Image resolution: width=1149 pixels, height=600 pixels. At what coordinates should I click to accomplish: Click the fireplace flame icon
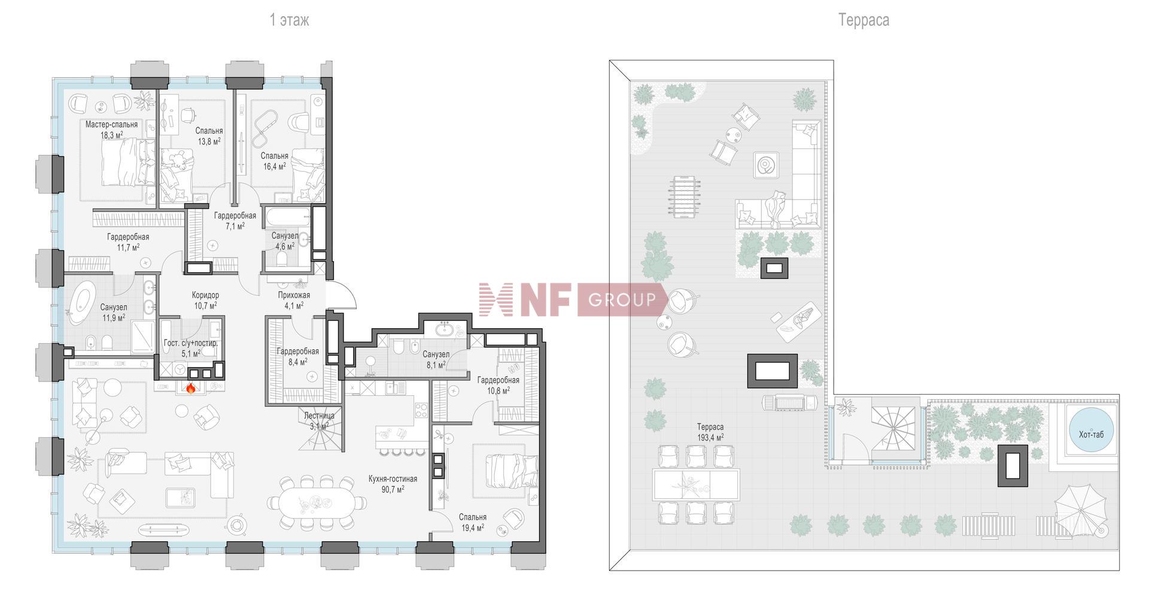coord(191,389)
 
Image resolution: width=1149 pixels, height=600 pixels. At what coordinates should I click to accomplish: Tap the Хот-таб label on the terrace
coord(1091,435)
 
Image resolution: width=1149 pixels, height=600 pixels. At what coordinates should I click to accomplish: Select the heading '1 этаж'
coord(289,20)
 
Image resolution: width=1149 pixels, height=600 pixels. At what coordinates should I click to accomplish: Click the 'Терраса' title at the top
coord(864,20)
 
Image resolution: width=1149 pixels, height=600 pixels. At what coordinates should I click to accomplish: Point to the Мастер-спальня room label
coord(111,125)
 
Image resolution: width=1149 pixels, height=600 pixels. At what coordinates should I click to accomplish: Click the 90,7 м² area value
coord(393,489)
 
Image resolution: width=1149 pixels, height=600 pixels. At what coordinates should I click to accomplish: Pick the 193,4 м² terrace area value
coord(710,438)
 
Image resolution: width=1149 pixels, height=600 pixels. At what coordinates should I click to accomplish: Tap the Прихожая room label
coord(294,295)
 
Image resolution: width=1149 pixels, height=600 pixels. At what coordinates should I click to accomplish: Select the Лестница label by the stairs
coord(319,416)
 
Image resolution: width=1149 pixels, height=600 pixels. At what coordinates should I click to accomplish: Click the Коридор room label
coord(205,295)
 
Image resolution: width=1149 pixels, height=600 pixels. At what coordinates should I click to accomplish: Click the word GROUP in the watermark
coord(622,299)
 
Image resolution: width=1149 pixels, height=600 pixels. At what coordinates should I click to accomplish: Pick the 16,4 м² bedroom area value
coord(275,166)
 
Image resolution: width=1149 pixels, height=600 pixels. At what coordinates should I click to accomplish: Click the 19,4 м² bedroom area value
coord(473,528)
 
